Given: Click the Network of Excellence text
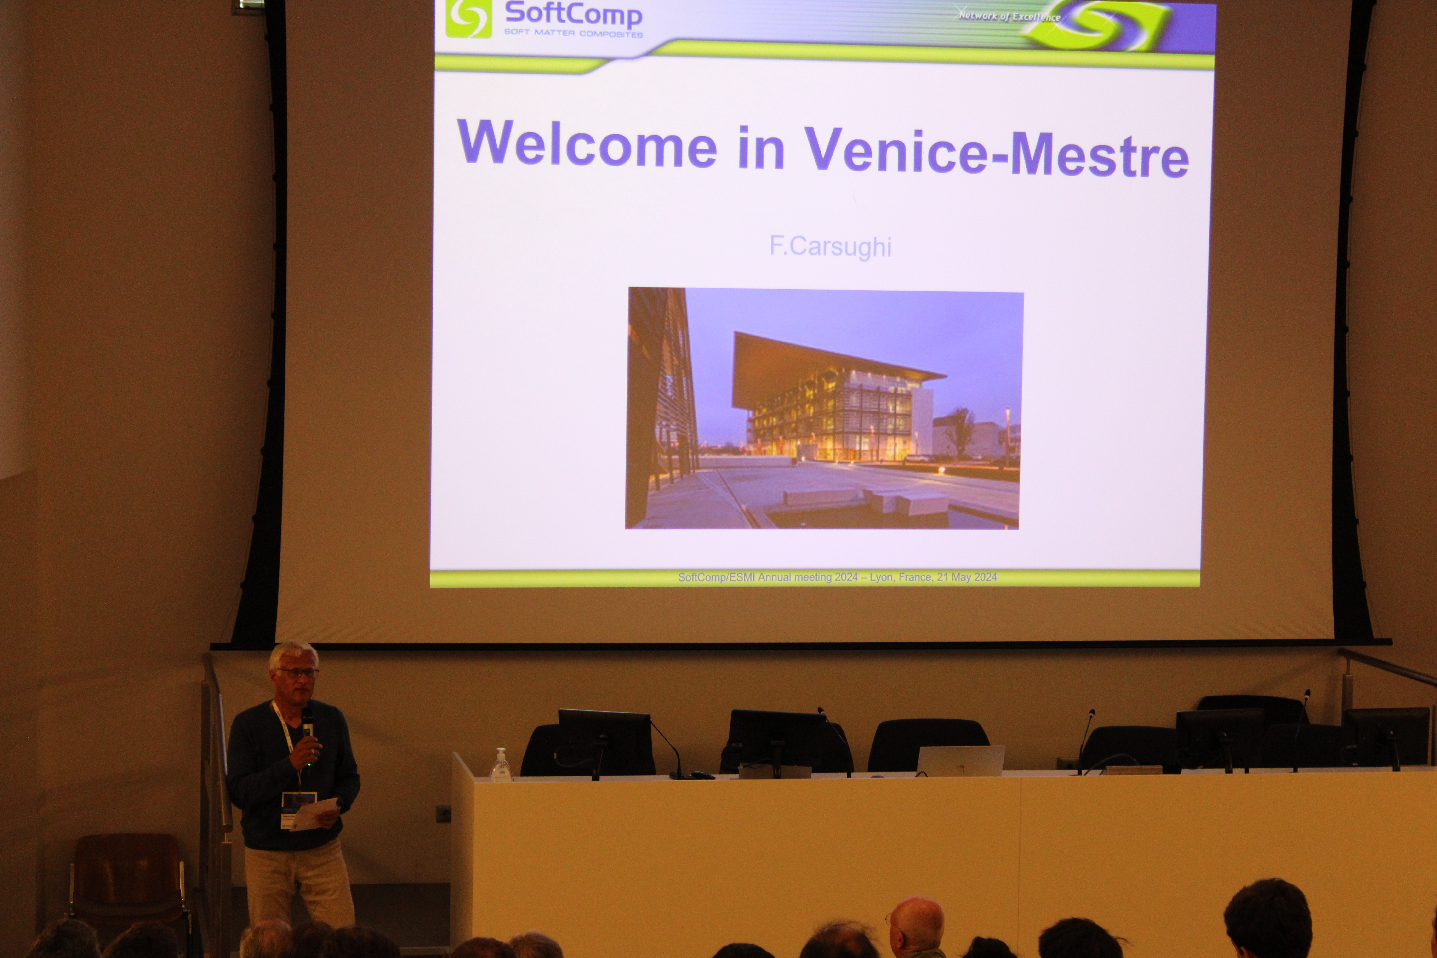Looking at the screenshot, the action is tap(1009, 16).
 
